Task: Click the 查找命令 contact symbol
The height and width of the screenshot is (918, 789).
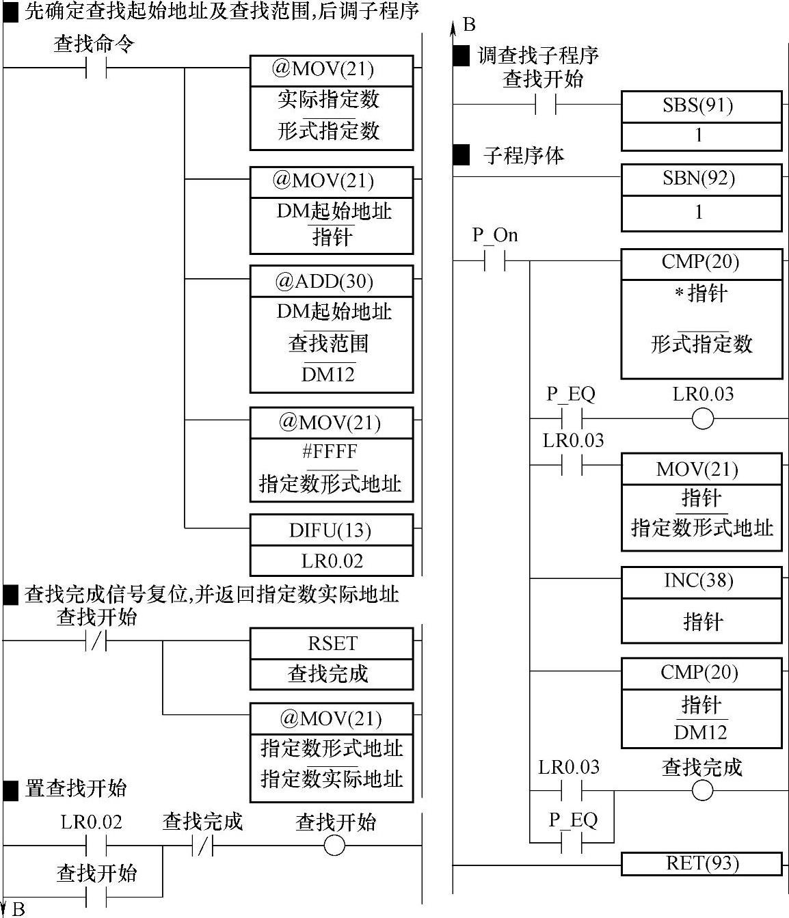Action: (x=96, y=68)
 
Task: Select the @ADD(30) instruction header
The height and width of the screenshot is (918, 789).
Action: (x=332, y=282)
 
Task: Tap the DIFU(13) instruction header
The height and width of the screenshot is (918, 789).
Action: (x=332, y=530)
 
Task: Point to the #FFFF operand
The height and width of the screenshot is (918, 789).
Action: (x=331, y=452)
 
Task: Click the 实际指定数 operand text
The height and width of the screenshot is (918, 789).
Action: (x=329, y=100)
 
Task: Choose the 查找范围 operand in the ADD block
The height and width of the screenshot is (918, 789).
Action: (x=329, y=342)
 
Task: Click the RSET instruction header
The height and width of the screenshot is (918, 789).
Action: (x=332, y=643)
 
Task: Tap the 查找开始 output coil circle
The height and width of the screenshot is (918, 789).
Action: (x=334, y=846)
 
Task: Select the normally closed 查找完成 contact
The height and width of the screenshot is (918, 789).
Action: (x=203, y=846)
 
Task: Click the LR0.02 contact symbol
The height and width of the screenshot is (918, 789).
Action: (x=96, y=846)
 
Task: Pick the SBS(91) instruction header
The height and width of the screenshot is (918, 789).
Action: (x=701, y=106)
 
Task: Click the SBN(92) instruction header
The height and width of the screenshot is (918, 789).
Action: (x=701, y=178)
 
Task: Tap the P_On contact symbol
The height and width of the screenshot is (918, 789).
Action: (x=494, y=260)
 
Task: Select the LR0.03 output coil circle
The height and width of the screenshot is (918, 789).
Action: (x=702, y=418)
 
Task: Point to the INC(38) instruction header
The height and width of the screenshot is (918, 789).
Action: (x=701, y=581)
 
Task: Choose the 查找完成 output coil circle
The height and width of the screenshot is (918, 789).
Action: (x=702, y=791)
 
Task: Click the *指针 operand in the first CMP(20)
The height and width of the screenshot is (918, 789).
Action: (x=701, y=294)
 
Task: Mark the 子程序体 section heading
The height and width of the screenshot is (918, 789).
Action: (x=524, y=156)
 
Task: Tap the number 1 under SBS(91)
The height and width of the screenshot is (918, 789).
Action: (x=699, y=136)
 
